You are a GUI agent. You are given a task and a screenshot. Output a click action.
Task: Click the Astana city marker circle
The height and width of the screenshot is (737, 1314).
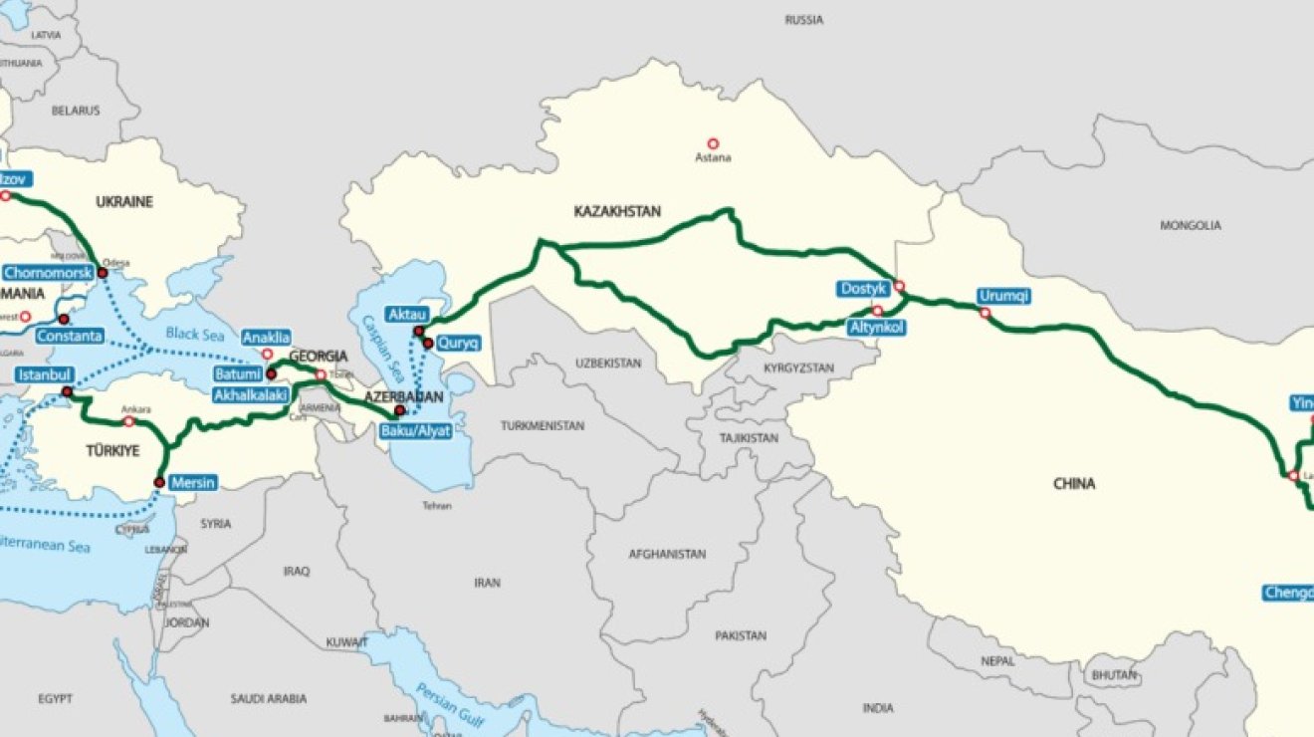pos(713,143)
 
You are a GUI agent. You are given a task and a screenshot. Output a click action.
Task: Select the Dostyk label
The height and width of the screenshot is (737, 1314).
pos(862,289)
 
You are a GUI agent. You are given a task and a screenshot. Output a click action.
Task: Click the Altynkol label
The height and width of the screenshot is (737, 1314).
pos(877,327)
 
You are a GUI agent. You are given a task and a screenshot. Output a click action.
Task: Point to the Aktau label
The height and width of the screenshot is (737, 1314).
pos(406,314)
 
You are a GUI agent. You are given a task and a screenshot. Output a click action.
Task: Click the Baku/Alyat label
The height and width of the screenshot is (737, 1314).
pos(416,431)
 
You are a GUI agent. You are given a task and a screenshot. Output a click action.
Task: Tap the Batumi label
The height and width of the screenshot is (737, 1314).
pos(236,374)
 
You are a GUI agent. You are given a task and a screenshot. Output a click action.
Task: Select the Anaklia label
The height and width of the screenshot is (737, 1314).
pos(266,337)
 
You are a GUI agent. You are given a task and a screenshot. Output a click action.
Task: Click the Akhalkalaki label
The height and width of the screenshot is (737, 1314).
pos(251,395)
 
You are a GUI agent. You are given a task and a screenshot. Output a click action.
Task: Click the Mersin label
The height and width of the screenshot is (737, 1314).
pos(193,483)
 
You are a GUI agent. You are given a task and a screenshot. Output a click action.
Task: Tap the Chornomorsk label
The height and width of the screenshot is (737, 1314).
pos(48,272)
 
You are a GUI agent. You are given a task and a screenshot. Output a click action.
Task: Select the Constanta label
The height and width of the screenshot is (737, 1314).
pos(70,336)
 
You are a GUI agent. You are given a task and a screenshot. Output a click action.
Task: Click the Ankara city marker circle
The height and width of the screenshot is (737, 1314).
pos(128,421)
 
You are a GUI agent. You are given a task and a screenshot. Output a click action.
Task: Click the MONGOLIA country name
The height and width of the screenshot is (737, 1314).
pos(1190,226)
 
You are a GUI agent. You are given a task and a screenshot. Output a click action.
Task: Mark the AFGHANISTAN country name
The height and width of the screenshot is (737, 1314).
pos(667,554)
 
